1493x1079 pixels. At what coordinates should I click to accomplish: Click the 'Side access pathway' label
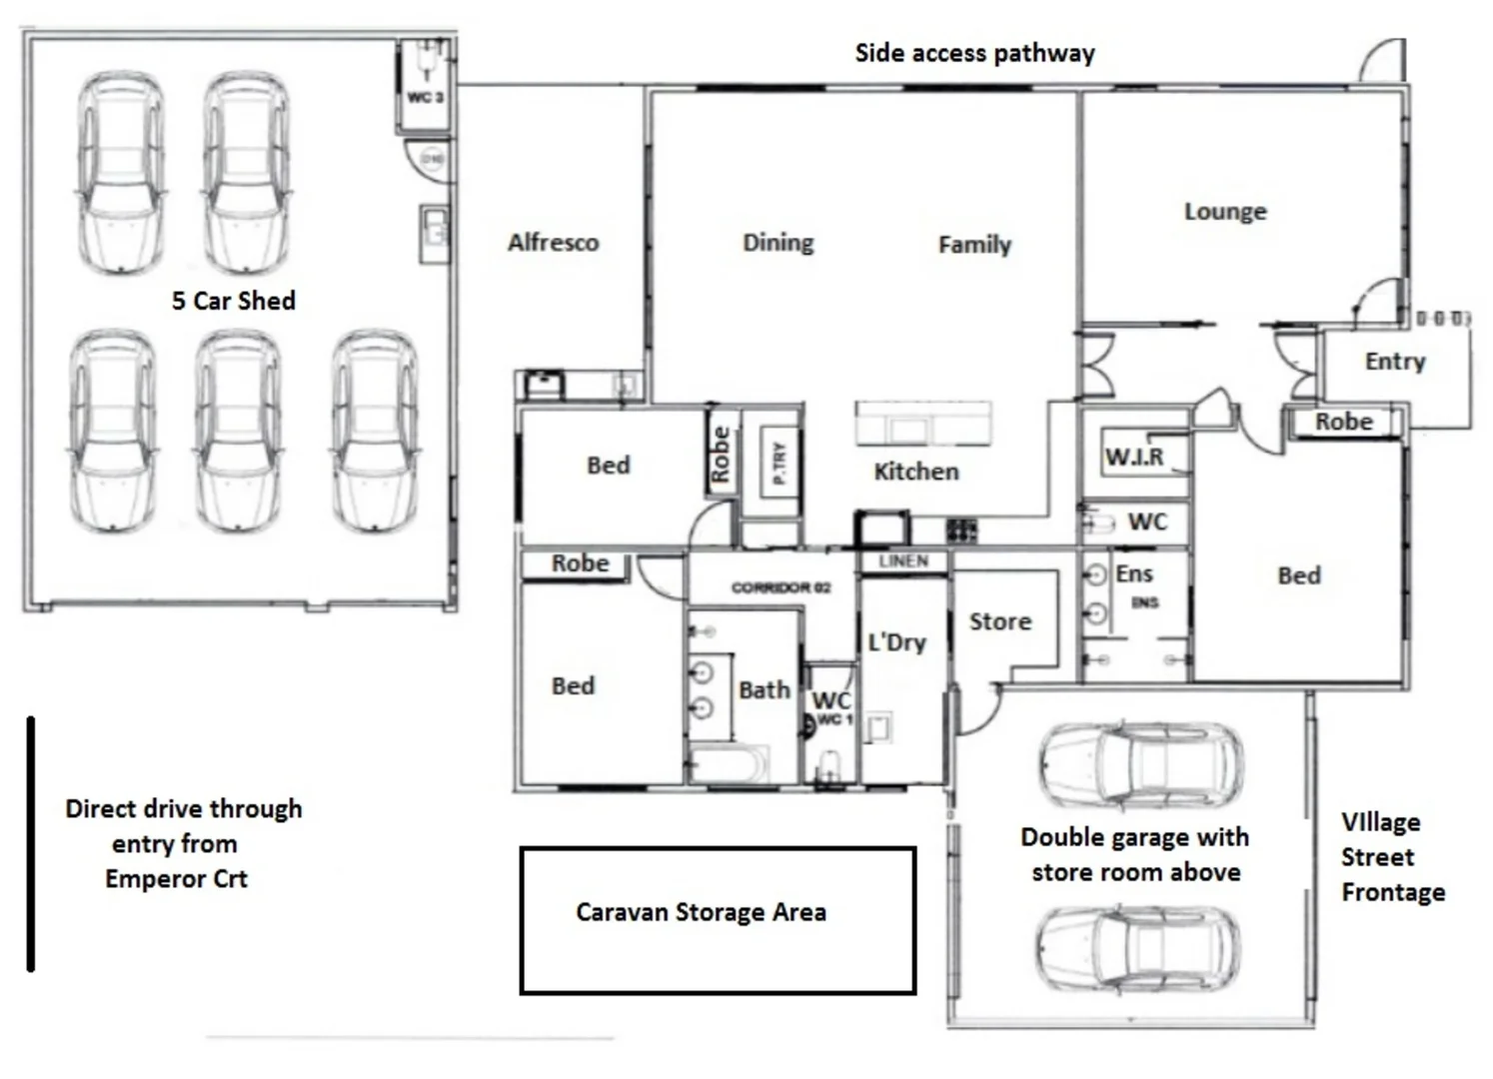(974, 53)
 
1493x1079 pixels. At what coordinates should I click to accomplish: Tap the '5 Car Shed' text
(233, 301)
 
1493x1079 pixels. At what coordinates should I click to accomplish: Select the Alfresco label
(553, 243)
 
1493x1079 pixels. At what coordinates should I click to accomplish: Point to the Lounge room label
(1225, 212)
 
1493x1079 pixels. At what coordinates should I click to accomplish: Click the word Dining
(777, 243)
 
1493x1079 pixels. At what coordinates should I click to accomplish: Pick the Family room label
(974, 245)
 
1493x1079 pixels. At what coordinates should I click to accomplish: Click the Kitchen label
(915, 472)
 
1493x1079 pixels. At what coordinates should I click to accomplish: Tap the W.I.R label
(1134, 457)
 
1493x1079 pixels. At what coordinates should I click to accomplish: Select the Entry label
(1395, 362)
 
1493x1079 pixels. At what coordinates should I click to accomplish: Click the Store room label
(999, 621)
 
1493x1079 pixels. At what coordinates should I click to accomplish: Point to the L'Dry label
(896, 642)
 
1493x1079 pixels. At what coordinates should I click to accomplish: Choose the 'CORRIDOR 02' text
(780, 587)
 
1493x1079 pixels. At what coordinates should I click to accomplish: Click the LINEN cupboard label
(903, 561)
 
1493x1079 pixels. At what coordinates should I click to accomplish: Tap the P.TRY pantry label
(779, 463)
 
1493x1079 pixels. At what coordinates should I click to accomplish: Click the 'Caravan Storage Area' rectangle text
(701, 912)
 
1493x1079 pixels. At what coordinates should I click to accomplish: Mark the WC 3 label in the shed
(425, 97)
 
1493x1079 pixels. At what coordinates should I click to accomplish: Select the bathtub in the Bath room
(729, 765)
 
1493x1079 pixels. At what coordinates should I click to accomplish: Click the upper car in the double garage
(1140, 764)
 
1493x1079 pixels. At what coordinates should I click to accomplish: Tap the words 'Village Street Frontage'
(1392, 857)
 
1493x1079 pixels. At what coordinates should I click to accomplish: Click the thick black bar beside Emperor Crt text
(31, 843)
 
